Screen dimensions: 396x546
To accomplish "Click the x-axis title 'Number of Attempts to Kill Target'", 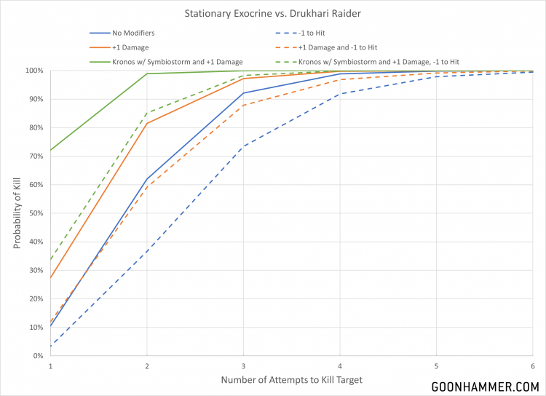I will pyautogui.click(x=291, y=381).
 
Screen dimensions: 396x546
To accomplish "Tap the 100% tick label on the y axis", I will pyautogui.click(x=33, y=71).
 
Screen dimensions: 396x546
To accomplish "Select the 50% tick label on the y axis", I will pyautogui.click(x=36, y=213).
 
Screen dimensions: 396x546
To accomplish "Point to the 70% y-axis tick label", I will pyautogui.click(x=36, y=157).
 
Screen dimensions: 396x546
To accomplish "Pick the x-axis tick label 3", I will pyautogui.click(x=244, y=365).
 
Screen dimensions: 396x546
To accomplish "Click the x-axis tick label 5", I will pyautogui.click(x=436, y=365).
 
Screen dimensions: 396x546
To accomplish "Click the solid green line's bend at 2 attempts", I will pyautogui.click(x=147, y=74).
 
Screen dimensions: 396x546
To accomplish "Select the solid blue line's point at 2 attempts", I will pyautogui.click(x=147, y=178).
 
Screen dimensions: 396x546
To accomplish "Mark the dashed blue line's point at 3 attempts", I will pyautogui.click(x=244, y=146).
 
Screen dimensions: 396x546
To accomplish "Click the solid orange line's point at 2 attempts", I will pyautogui.click(x=147, y=123).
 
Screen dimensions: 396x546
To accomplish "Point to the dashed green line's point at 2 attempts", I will pyautogui.click(x=147, y=113).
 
